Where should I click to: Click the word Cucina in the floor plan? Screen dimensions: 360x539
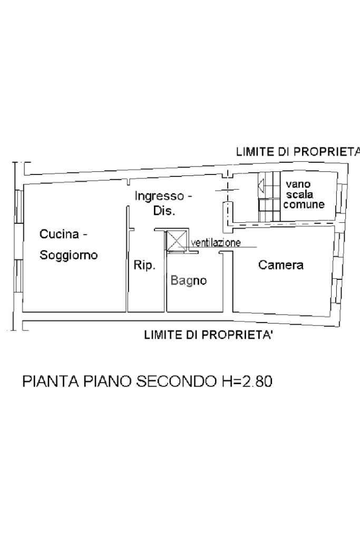click(x=59, y=234)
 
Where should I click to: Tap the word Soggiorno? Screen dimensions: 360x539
click(x=69, y=256)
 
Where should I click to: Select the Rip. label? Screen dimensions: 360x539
click(x=144, y=266)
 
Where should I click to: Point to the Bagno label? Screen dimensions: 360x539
click(x=188, y=281)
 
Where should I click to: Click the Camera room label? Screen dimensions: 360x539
click(x=280, y=265)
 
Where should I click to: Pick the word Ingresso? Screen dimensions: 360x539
click(x=159, y=197)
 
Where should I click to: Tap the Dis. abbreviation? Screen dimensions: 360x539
click(x=164, y=211)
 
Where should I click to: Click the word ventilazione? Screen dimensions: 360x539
click(x=216, y=243)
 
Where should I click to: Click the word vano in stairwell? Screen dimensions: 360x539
click(x=298, y=184)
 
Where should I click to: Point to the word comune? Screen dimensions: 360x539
click(x=304, y=205)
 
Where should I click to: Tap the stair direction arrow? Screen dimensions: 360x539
click(x=261, y=186)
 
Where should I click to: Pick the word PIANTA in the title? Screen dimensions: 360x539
click(x=51, y=381)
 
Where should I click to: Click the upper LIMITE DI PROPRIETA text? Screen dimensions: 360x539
click(x=298, y=152)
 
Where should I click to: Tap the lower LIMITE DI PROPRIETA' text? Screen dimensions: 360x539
click(x=208, y=335)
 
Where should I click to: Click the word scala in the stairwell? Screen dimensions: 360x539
click(x=299, y=194)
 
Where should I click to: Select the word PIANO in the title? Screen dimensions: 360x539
click(x=107, y=381)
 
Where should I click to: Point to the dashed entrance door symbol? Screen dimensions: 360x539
click(x=227, y=190)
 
